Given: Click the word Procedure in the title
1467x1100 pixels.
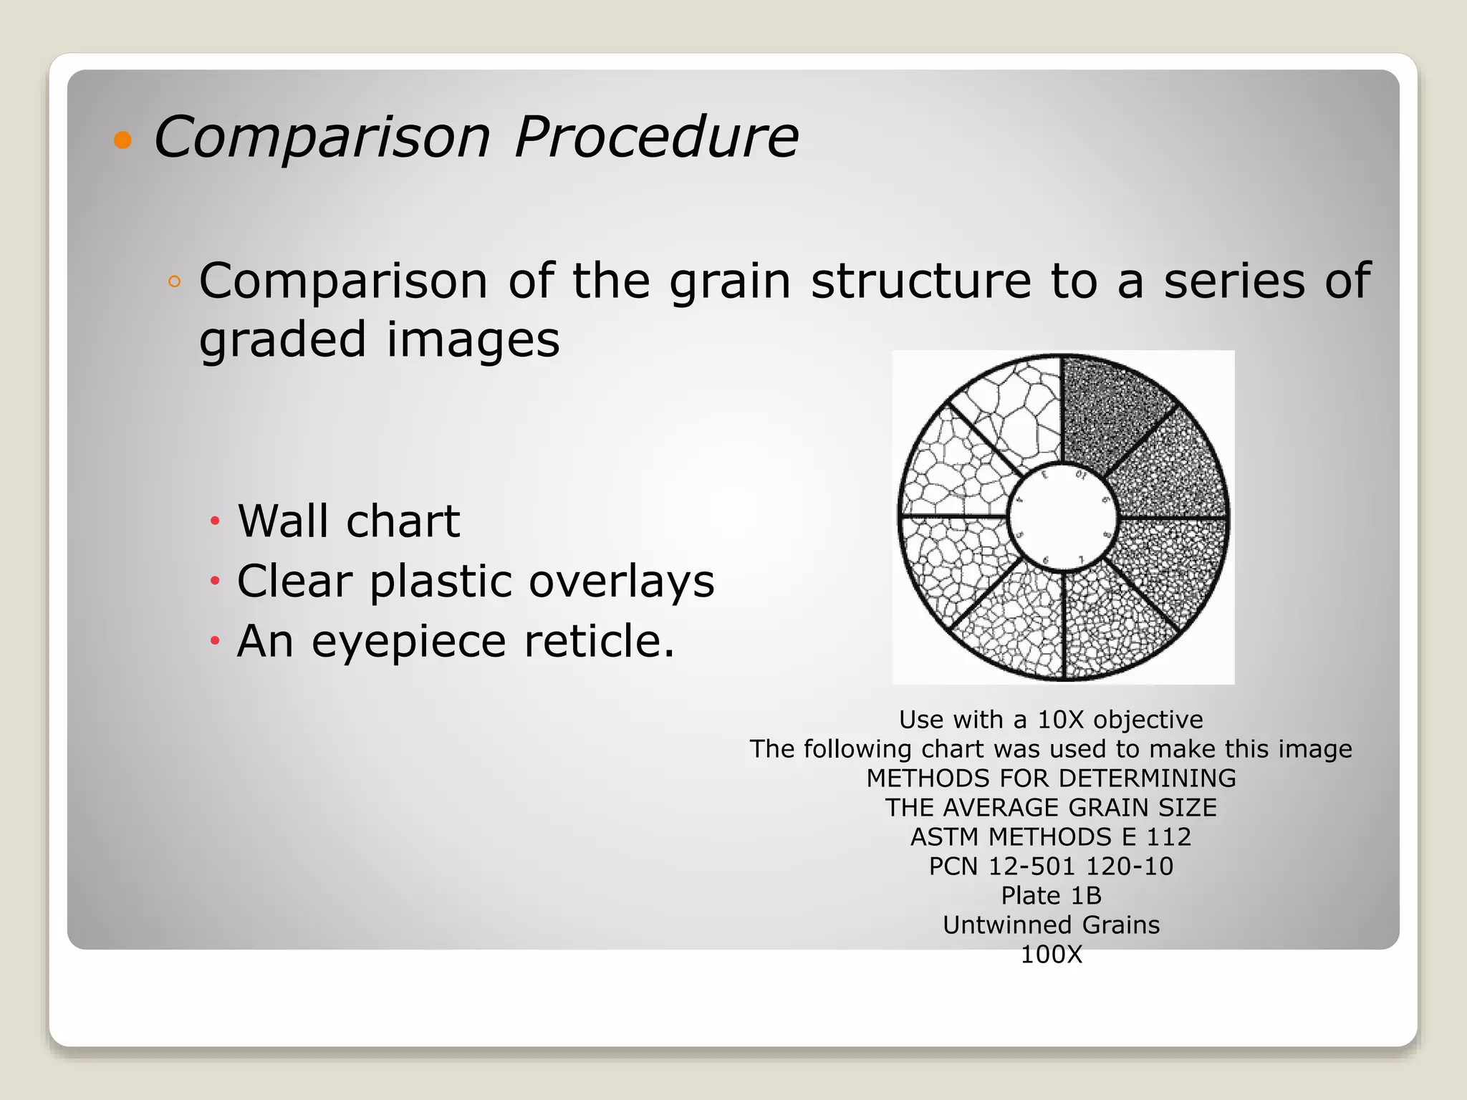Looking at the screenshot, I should (655, 137).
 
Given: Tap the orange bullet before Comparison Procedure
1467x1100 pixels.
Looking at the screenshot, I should (123, 140).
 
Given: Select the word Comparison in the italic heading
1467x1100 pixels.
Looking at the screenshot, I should (322, 137).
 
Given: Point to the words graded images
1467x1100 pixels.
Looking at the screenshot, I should (379, 339).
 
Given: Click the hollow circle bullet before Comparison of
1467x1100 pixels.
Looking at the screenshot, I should (174, 281).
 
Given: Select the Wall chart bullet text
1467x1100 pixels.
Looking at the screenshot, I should (349, 521).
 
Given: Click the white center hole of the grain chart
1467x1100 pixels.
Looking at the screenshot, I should (1063, 517).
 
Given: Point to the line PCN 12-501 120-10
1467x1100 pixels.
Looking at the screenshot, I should (1051, 866).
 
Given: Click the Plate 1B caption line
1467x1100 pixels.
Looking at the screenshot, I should (1051, 895).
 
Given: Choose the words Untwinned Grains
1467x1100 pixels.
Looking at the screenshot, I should (1051, 925).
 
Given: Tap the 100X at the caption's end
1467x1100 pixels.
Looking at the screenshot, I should (1051, 954).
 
